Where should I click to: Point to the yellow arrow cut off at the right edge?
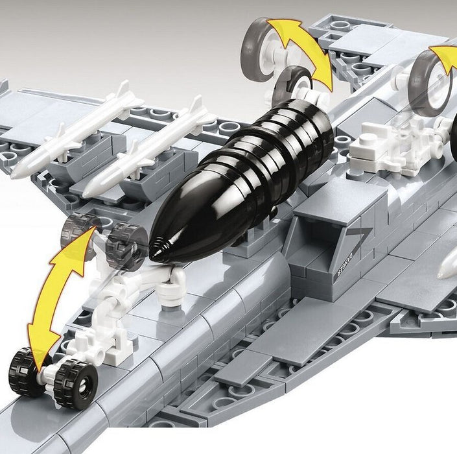click(445, 54)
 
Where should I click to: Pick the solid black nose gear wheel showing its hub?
click(75, 385)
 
